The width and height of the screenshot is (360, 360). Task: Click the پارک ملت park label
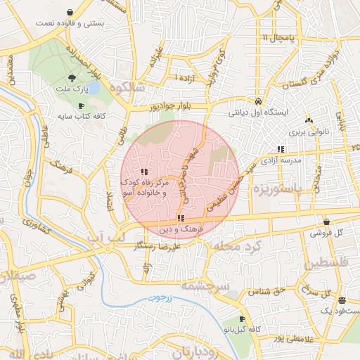pos(73,91)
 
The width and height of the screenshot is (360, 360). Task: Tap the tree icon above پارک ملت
pos(73,79)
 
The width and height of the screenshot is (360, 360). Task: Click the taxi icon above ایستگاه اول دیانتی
pos(259,101)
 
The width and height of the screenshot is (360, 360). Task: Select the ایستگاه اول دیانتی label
pos(259,112)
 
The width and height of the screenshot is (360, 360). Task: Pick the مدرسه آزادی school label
pos(281,160)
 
